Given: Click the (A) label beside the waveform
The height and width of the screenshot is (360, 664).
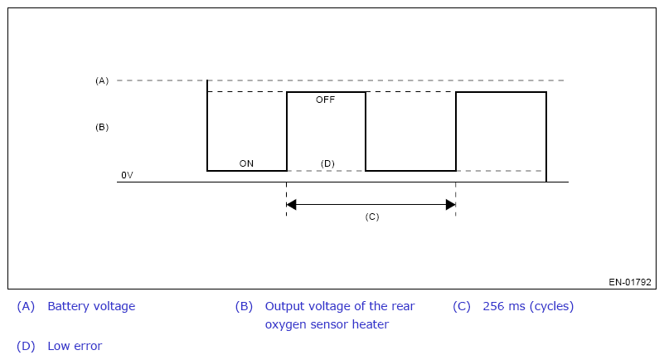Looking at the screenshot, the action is [102, 81].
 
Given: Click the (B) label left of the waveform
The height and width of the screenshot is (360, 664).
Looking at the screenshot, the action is [102, 128].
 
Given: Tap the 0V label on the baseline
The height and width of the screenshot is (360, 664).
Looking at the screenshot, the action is [127, 175].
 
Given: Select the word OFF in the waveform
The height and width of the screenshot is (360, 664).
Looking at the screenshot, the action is [325, 100].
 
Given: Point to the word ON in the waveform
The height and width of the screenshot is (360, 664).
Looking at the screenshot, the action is [246, 163].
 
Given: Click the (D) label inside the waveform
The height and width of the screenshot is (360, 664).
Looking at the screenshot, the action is [327, 164].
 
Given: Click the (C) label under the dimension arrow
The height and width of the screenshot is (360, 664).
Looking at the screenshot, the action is [372, 216].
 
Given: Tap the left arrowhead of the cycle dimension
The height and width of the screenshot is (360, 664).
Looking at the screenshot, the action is [291, 205].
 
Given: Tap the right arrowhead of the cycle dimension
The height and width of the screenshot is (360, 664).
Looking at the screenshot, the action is [451, 205].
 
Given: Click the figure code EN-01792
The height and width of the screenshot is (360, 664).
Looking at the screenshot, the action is [630, 282].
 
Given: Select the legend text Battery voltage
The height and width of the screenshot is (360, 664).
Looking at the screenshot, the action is [91, 306].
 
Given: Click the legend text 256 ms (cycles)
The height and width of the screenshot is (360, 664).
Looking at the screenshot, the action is [529, 306].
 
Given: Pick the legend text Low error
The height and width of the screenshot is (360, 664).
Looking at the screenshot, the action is [75, 346].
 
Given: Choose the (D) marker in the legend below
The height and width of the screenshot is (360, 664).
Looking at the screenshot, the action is [26, 346].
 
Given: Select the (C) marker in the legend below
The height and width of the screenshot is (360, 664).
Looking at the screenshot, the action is [462, 306].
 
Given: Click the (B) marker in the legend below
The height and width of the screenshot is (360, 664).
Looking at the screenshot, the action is [245, 306].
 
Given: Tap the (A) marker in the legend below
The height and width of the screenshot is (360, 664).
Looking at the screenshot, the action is [26, 306].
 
